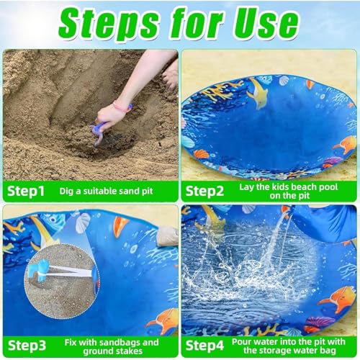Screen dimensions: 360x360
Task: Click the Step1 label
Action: (27, 191)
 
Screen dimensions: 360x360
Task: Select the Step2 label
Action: (208, 191)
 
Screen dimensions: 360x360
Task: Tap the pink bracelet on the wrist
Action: (121, 109)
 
